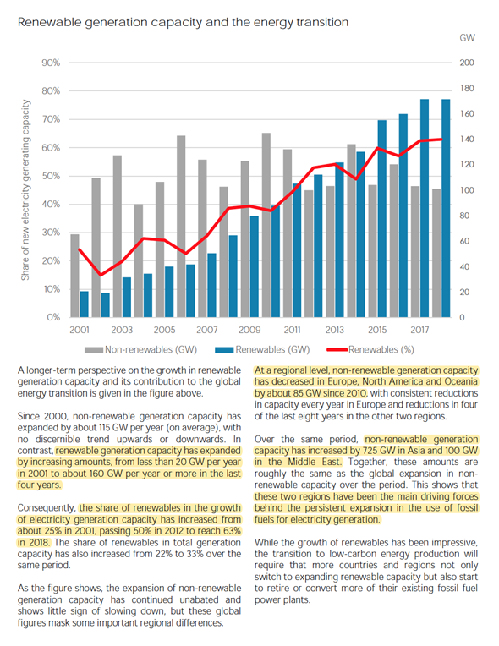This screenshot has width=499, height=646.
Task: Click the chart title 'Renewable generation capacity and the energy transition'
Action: pos(183,22)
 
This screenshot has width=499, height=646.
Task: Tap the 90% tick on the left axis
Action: pos(51,63)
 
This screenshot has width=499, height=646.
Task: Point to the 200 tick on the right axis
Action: pos(467,63)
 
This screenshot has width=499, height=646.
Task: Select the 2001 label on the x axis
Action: pos(80,330)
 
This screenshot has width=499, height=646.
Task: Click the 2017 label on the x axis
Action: pos(419,330)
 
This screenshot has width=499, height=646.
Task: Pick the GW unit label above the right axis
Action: pos(467,37)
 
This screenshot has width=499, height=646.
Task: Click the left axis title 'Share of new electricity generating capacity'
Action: pos(25,190)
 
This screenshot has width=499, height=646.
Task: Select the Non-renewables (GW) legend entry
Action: pos(141,350)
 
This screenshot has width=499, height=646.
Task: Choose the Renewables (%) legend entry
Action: pos(370,350)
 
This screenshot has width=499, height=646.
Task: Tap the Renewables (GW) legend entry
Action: pos(262,350)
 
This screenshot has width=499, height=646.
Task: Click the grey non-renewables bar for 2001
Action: pos(74,276)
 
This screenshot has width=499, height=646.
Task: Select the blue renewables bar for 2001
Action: pos(84,304)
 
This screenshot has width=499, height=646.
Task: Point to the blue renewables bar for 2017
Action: pos(425,208)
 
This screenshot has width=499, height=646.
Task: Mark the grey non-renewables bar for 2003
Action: pos(117,236)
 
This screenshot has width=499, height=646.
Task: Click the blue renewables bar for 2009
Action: pos(255,266)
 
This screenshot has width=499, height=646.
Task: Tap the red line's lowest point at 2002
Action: pos(100,275)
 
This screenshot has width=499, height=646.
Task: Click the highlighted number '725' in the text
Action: pos(370,451)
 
